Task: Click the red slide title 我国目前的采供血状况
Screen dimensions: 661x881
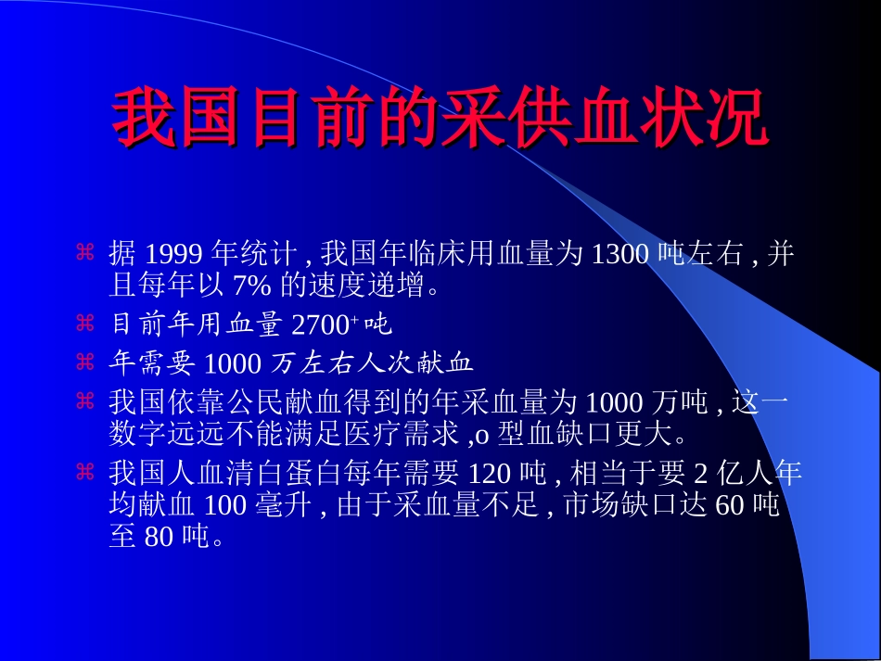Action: pos(440,118)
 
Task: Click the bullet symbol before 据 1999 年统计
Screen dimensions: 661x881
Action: pos(85,252)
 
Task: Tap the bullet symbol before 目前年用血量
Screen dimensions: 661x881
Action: pos(85,324)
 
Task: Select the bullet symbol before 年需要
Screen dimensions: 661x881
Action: pos(85,360)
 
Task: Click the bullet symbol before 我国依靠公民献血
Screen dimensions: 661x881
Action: pos(85,400)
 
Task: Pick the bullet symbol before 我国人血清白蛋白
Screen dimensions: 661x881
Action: pos(85,473)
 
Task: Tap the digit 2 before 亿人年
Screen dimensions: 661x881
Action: pos(701,474)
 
